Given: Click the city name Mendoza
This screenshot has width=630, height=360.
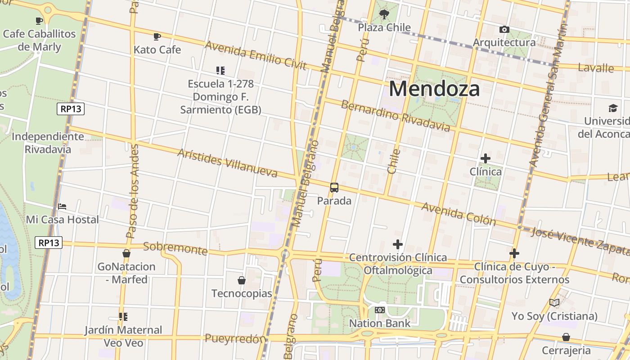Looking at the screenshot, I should pos(434,89).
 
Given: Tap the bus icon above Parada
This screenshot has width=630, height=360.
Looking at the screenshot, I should pos(334,188).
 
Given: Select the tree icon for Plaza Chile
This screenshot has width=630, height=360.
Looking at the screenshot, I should pos(384,15).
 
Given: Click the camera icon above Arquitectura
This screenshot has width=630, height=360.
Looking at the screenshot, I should pos(504,30).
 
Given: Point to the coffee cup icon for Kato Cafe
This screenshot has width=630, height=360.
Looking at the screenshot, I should pos(157,36).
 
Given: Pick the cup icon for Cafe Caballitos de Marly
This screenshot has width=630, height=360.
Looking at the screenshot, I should pos(39,21).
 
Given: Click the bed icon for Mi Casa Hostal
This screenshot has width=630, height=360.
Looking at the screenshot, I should pos(62,207).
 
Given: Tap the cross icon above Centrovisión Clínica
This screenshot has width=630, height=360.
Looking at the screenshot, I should pos(398,244).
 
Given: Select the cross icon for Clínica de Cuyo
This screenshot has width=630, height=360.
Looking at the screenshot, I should pos(514,253).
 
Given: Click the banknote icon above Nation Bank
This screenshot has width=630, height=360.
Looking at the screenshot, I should pos(380,310).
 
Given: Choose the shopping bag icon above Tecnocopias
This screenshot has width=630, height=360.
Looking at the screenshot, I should pos(242,280).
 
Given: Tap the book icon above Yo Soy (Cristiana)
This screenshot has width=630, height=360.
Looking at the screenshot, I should pos(554,303).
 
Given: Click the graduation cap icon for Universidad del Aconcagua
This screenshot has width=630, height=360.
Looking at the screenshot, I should pos(613,108).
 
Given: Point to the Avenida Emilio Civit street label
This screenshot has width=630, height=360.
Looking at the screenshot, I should pos(255,55).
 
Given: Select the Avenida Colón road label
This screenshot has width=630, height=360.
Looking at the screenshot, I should pos(459,214).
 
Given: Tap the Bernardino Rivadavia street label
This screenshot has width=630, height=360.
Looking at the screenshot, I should pos(395,116).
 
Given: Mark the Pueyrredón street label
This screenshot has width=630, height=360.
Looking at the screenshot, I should pos(233,338).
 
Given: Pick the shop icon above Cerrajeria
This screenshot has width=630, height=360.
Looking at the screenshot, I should pos(566,337).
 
